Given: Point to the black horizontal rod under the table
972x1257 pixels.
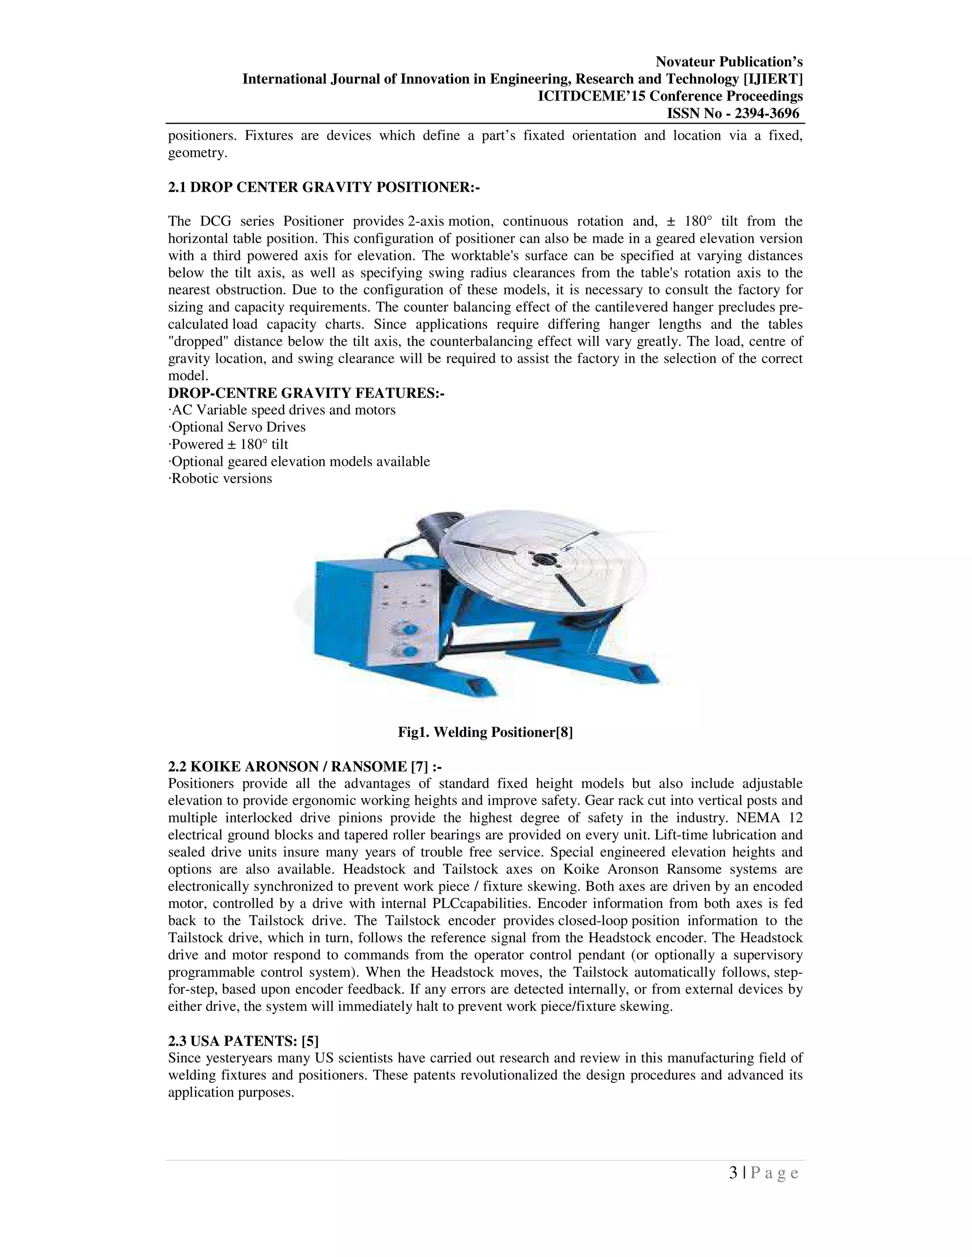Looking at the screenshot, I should [501, 647].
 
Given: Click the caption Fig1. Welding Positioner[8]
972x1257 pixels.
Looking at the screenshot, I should [485, 732].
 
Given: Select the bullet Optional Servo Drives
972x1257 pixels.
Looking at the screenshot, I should [237, 427].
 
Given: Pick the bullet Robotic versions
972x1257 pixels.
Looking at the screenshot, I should [221, 478].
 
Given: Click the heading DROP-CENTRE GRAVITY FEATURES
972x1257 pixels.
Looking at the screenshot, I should [306, 393].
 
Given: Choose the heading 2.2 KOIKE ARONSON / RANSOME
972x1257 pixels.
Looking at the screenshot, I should [305, 766].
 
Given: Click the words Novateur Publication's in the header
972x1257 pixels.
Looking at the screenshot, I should [729, 62].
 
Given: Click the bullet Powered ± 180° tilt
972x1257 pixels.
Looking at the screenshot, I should [229, 444].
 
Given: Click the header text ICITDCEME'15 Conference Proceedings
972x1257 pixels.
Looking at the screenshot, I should [670, 96].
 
